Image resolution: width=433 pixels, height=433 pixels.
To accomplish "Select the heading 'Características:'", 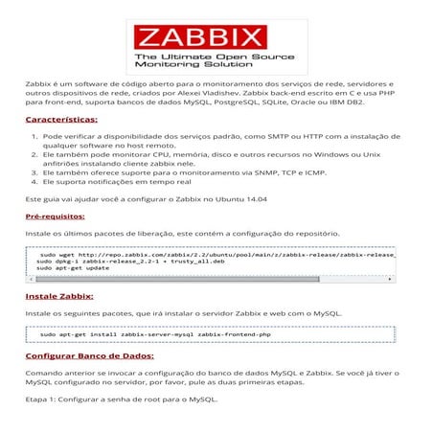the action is pos(61,120).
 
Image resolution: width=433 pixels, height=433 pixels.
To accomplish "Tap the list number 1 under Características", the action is pos(35,137).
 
